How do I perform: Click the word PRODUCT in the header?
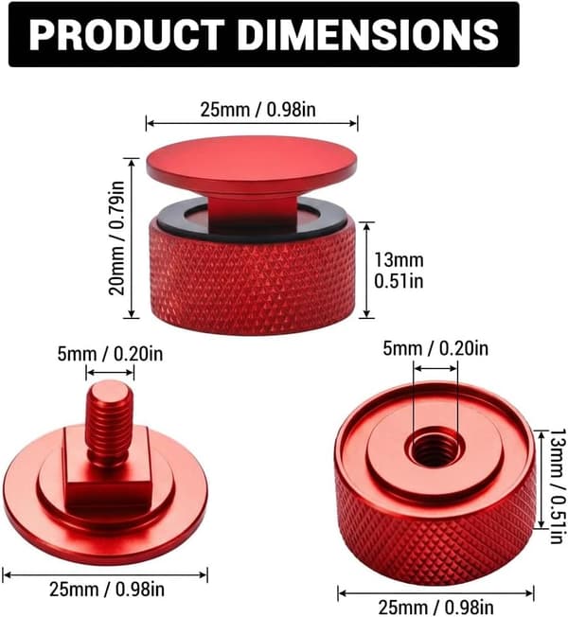point(126,34)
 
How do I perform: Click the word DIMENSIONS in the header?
point(368,34)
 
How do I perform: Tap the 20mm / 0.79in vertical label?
point(117,238)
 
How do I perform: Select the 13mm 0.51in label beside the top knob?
point(399,271)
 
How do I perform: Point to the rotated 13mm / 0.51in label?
point(558,486)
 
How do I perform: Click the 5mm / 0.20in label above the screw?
point(110,354)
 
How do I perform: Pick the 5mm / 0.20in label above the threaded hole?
point(435,348)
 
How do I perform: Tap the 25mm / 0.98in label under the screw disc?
point(107,590)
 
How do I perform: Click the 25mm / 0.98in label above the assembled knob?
point(258,110)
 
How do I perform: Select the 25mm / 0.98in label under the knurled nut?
point(435,608)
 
